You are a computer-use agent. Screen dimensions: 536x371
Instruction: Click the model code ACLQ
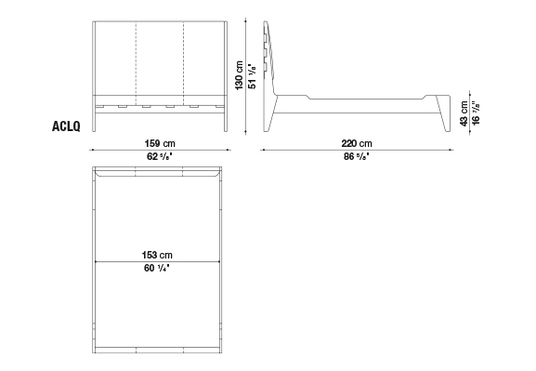click(66, 126)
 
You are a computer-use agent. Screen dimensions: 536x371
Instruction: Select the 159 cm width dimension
click(160, 143)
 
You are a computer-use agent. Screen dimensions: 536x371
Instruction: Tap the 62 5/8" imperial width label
click(159, 157)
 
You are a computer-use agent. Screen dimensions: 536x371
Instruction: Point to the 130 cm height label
click(239, 75)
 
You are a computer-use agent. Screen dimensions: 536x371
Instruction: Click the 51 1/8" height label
click(252, 76)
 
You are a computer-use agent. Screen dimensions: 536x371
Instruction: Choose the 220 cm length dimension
click(357, 143)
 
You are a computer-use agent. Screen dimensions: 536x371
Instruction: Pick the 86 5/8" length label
click(357, 157)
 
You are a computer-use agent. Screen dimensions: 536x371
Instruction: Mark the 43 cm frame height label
click(464, 113)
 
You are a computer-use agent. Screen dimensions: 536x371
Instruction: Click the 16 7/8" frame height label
click(476, 113)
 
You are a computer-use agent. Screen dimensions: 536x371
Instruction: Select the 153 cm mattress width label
click(157, 255)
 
